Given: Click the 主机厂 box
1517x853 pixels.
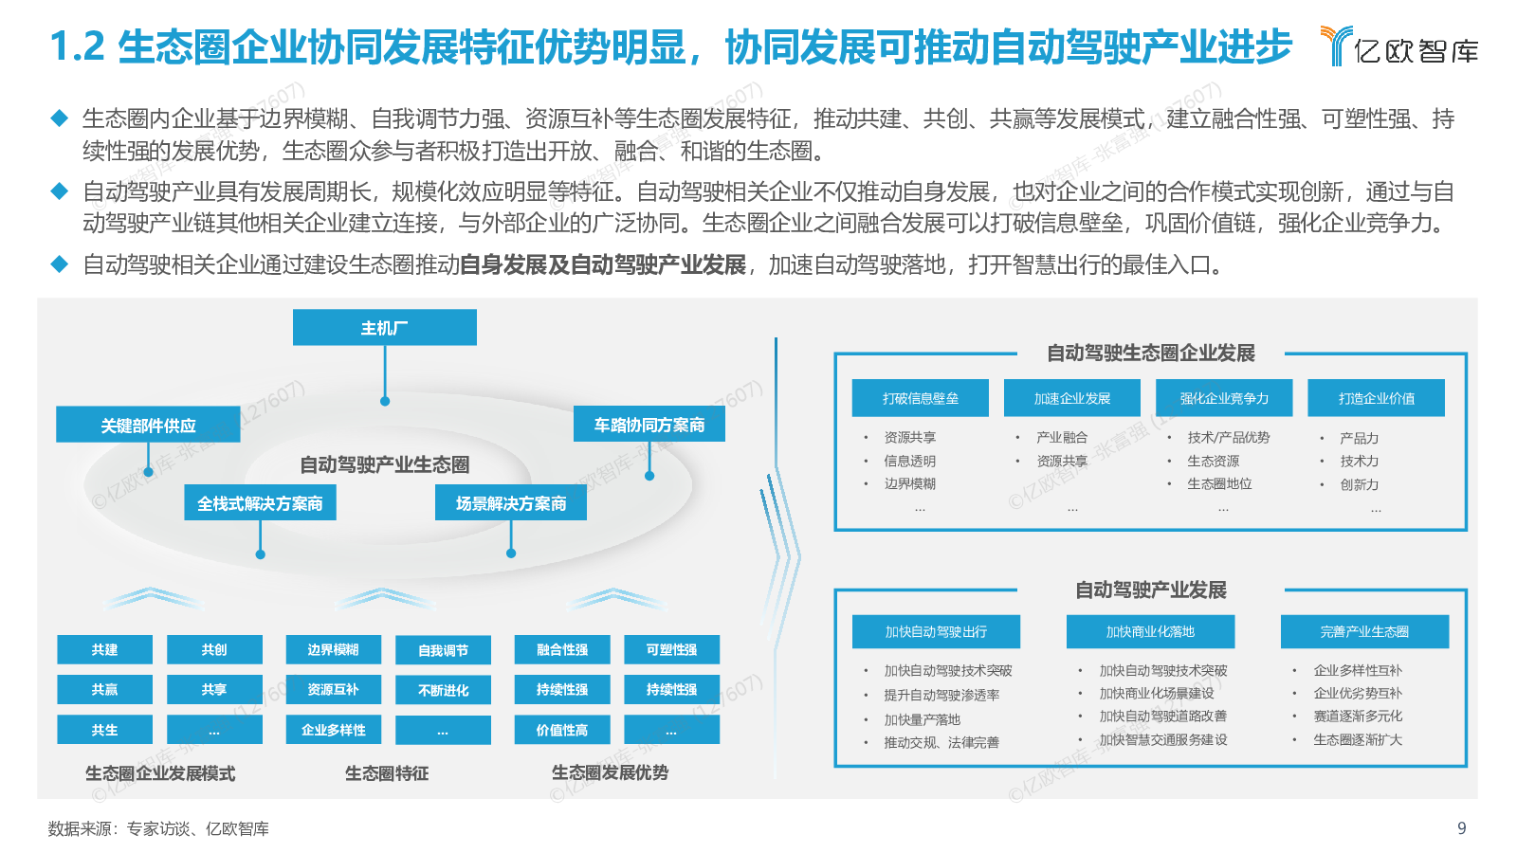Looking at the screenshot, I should [x=384, y=328].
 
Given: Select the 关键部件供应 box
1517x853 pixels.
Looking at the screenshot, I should [x=148, y=426].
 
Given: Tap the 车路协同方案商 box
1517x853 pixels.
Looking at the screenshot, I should [x=649, y=425].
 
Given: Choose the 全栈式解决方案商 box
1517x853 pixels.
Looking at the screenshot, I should [x=260, y=503].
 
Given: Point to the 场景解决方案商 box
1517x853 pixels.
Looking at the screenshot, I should [x=511, y=503].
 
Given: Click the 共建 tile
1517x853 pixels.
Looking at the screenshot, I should [x=104, y=650].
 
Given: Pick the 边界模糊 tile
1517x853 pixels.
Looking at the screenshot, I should [x=333, y=650].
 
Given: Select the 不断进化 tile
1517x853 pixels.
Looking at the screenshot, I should [x=443, y=690].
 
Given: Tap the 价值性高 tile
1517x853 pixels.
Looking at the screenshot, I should [x=561, y=730].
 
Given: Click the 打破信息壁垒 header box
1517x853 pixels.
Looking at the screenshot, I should [x=921, y=398].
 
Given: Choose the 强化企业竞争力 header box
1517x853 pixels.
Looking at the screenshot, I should [x=1224, y=398].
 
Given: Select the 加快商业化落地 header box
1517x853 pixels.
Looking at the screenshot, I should [x=1150, y=631].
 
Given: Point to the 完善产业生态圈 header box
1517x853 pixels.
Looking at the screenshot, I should [x=1364, y=631].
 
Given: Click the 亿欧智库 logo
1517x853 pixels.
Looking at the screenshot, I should [x=1399, y=47].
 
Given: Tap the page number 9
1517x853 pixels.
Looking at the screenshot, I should [x=1461, y=828].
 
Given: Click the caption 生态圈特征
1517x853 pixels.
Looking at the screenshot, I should [x=387, y=773].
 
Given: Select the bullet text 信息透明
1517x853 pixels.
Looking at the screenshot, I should [x=910, y=461].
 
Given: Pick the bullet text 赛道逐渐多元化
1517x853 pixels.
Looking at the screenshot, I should [x=1358, y=717].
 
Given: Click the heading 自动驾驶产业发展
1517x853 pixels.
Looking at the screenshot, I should [x=1150, y=590].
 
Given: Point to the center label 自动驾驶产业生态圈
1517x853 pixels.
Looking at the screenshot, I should [x=385, y=464].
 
